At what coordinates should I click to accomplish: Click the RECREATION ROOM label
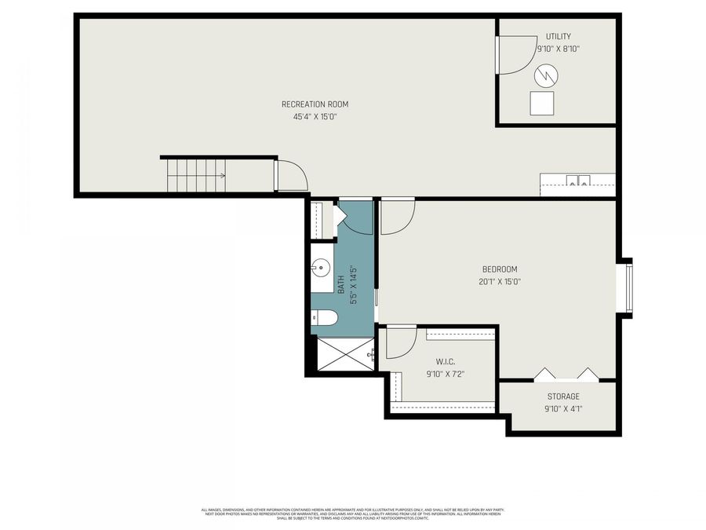tap(315, 104)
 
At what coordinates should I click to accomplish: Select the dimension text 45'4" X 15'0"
tap(315, 117)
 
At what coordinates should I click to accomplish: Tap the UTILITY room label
tap(559, 36)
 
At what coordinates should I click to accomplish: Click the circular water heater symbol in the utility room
tap(546, 75)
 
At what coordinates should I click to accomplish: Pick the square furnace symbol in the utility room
tap(541, 103)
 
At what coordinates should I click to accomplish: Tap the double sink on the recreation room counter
tap(579, 181)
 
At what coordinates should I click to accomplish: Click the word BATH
tap(341, 284)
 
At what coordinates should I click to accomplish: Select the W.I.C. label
tap(435, 362)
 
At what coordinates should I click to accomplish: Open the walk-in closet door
tap(400, 342)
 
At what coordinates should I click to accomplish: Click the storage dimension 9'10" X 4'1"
tap(563, 408)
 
